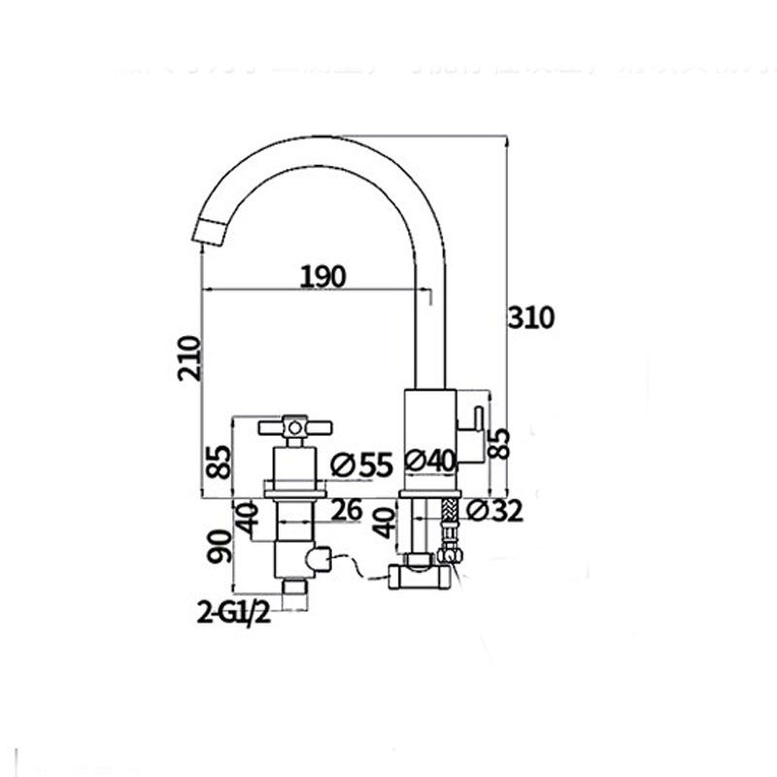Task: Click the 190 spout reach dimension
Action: pyautogui.click(x=322, y=277)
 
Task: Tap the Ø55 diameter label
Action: pyautogui.click(x=360, y=465)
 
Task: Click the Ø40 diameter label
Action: pyautogui.click(x=428, y=462)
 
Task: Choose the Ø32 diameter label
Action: pyautogui.click(x=492, y=509)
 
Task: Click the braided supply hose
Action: pyautogui.click(x=448, y=525)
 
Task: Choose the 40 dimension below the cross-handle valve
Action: pyautogui.click(x=250, y=520)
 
